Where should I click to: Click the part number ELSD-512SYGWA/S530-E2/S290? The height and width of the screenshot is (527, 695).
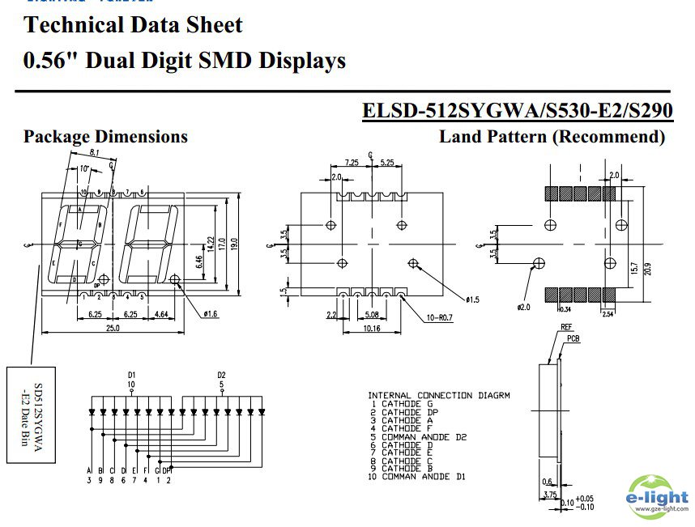pyautogui.click(x=517, y=110)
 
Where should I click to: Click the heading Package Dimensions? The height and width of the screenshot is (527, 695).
pyautogui.click(x=105, y=137)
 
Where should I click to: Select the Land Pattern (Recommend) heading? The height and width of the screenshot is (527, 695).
pyautogui.click(x=552, y=137)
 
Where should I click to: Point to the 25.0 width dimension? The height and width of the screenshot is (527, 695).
pyautogui.click(x=113, y=328)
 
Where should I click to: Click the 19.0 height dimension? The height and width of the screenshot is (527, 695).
pyautogui.click(x=232, y=242)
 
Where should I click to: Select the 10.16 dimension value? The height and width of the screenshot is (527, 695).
pyautogui.click(x=372, y=328)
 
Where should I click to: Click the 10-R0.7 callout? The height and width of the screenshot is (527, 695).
pyautogui.click(x=442, y=317)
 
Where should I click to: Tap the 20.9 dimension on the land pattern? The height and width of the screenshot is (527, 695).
pyautogui.click(x=646, y=268)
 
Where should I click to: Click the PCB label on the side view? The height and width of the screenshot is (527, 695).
pyautogui.click(x=573, y=339)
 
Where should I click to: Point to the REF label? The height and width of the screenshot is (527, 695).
pyautogui.click(x=566, y=328)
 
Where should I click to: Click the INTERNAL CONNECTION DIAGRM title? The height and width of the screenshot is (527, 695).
pyautogui.click(x=438, y=395)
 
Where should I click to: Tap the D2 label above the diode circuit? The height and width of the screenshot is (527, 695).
pyautogui.click(x=221, y=375)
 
